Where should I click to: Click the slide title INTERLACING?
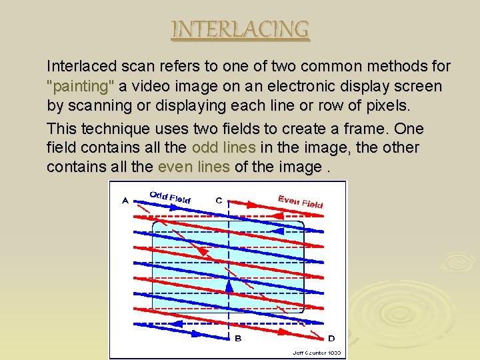240,30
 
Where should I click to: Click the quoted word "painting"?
81,87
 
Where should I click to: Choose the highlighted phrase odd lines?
223,148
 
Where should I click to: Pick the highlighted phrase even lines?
193,167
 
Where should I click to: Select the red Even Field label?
300,200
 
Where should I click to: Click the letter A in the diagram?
125,199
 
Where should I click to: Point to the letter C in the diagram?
219,199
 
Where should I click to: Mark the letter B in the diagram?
238,339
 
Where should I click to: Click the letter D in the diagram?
331,338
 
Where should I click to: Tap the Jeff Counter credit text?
317,353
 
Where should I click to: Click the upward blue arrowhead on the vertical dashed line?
229,286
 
